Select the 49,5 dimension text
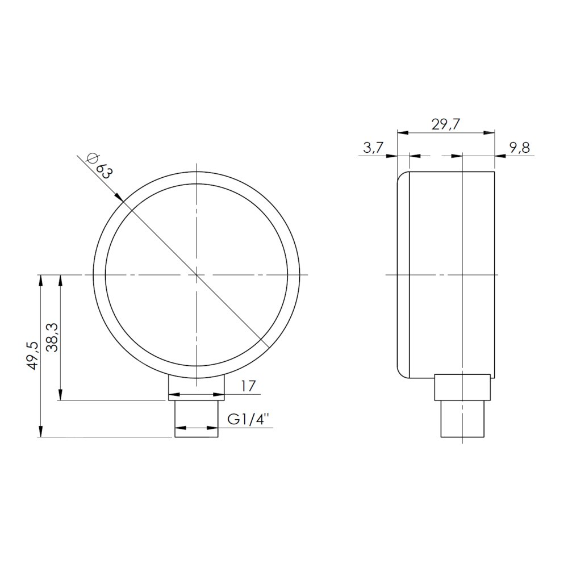pyautogui.click(x=32, y=356)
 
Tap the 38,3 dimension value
pyautogui.click(x=52, y=337)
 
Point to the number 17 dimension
pyautogui.click(x=249, y=386)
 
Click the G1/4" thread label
pyautogui.click(x=249, y=419)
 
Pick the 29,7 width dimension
pyautogui.click(x=445, y=124)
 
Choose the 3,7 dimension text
pyautogui.click(x=373, y=148)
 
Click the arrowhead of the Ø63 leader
pyautogui.click(x=119, y=196)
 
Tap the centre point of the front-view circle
pyautogui.click(x=196, y=275)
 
